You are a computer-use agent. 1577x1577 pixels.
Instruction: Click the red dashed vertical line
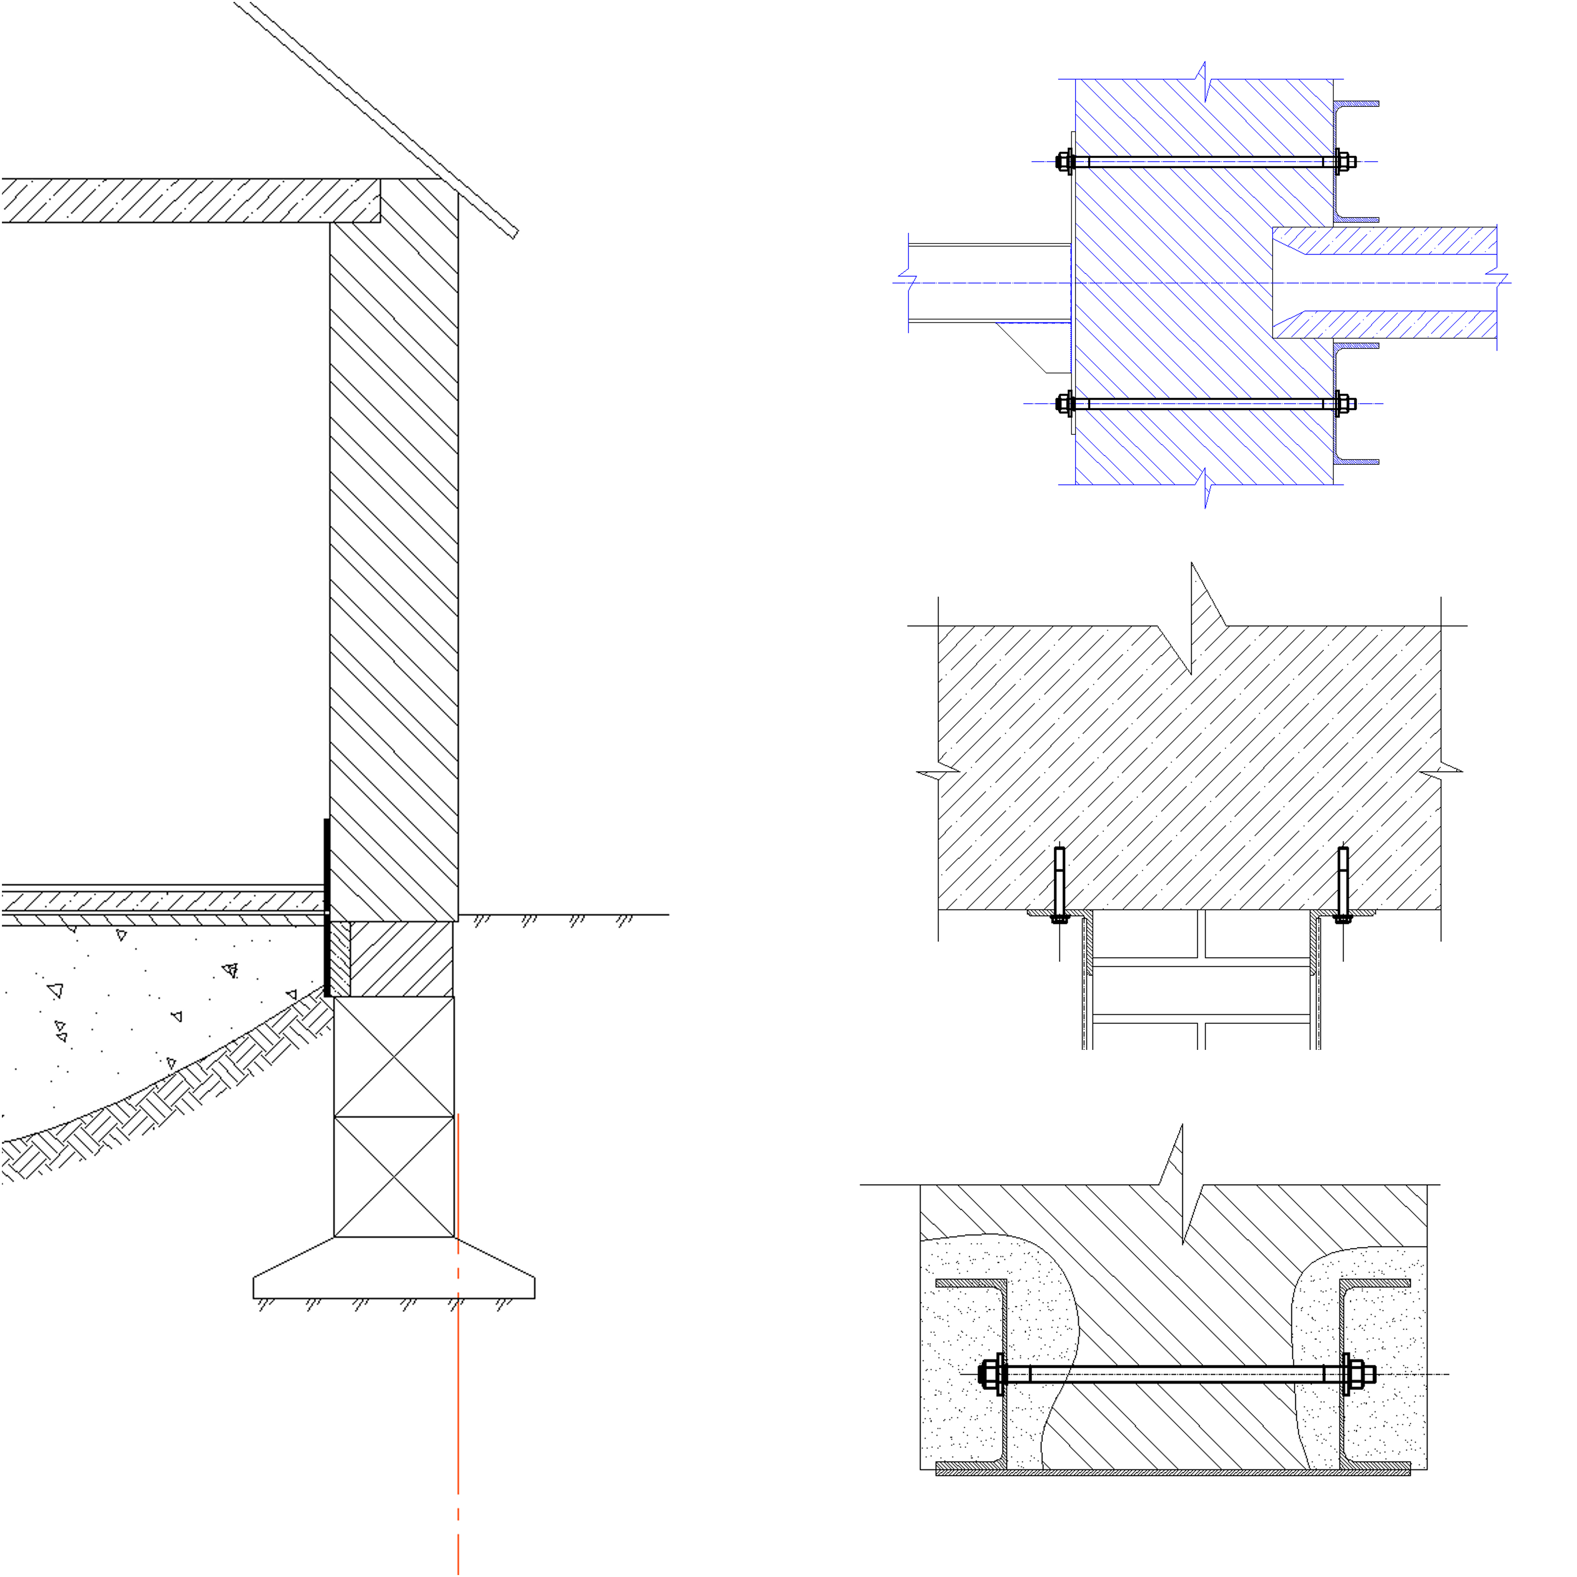(x=458, y=1388)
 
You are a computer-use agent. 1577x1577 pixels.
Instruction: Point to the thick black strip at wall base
(x=327, y=906)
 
